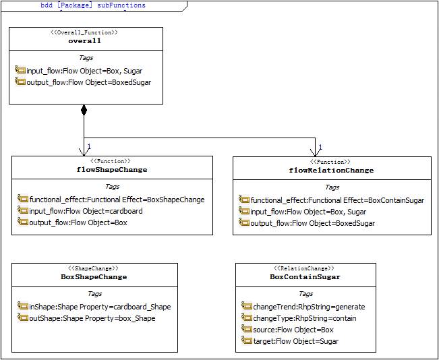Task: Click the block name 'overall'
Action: (84, 41)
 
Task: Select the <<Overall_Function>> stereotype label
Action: (84, 32)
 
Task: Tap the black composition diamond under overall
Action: (84, 109)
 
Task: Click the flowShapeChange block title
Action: (112, 170)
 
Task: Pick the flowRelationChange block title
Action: (331, 171)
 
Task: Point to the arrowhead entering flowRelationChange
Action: (315, 153)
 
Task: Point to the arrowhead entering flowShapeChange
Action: (84, 152)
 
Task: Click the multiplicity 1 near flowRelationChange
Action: (320, 147)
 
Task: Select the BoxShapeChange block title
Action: (94, 277)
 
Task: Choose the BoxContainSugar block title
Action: (305, 277)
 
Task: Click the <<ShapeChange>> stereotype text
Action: (94, 268)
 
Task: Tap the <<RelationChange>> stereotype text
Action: (303, 268)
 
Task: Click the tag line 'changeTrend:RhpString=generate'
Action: (303, 307)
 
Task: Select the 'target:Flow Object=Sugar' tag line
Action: (290, 341)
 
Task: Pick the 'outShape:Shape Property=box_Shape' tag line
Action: (86, 318)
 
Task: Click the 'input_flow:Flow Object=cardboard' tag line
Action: (80, 211)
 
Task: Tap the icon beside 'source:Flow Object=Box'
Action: (246, 329)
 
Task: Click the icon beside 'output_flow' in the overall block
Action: (20, 82)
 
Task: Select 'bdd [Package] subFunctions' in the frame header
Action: (93, 5)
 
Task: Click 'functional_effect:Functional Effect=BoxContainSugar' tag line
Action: (332, 200)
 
